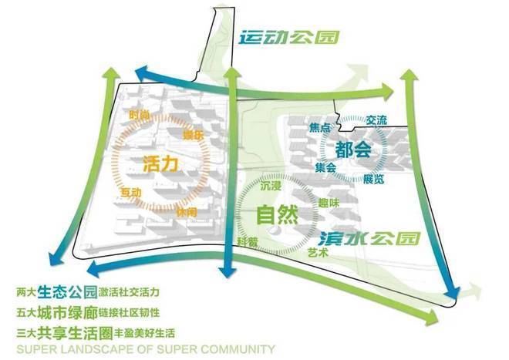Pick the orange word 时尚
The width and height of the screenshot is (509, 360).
tap(140, 115)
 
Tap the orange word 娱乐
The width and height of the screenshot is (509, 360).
tap(193, 136)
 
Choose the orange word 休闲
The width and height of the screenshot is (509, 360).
tap(186, 211)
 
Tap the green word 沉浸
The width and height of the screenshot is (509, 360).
tap(271, 187)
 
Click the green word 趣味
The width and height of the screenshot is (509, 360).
tap(329, 203)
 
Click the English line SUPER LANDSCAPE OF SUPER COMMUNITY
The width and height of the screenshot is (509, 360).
tap(145, 349)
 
